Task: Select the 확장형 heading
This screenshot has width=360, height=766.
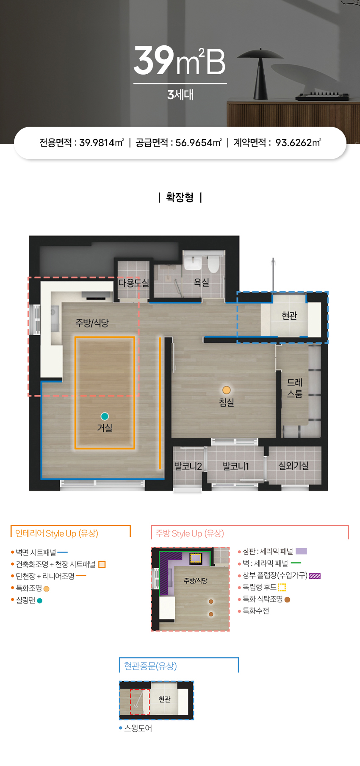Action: pos(180,197)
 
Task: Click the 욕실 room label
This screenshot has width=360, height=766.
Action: pos(201,282)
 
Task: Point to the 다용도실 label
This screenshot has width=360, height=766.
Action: pos(133,283)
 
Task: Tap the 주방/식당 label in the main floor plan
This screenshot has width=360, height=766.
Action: pos(92,323)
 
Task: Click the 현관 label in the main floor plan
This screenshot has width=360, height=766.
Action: pos(289,316)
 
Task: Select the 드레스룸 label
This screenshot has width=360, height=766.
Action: pos(295,388)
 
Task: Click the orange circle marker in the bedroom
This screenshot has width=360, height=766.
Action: pos(227,390)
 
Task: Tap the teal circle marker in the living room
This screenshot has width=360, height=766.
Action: pos(105,416)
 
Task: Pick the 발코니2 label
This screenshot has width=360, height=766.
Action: pos(188,466)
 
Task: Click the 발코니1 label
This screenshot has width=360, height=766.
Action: pos(236,466)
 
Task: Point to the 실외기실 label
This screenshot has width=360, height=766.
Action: pos(294,466)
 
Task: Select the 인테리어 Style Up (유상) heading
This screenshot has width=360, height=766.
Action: pos(57,533)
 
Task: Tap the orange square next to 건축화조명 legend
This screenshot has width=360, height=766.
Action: pos(102,564)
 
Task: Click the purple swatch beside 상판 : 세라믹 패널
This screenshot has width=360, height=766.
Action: pos(301,551)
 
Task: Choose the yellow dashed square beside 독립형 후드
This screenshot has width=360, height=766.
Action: pos(282,587)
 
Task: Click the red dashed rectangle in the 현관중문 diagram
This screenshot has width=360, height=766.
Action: pos(140,702)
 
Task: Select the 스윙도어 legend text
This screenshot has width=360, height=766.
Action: pos(138,728)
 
